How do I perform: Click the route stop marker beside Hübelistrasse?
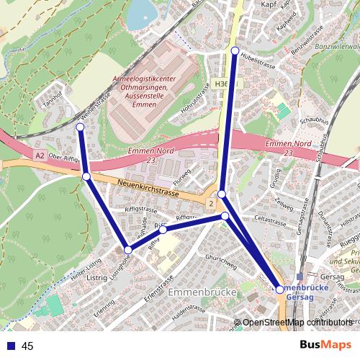pos(235,50)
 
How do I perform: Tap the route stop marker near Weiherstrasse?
pos(80,127)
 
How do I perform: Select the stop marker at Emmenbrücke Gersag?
pos(280,289)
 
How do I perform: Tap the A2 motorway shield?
pos(40,155)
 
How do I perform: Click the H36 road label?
pos(222,84)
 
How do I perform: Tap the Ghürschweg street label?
pos(220,261)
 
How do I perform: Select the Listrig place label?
pos(96,276)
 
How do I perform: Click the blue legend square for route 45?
pos(10,346)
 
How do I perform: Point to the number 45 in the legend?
pos(27,346)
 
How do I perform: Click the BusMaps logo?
pos(326,345)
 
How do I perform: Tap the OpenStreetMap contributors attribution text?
pos(297,322)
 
